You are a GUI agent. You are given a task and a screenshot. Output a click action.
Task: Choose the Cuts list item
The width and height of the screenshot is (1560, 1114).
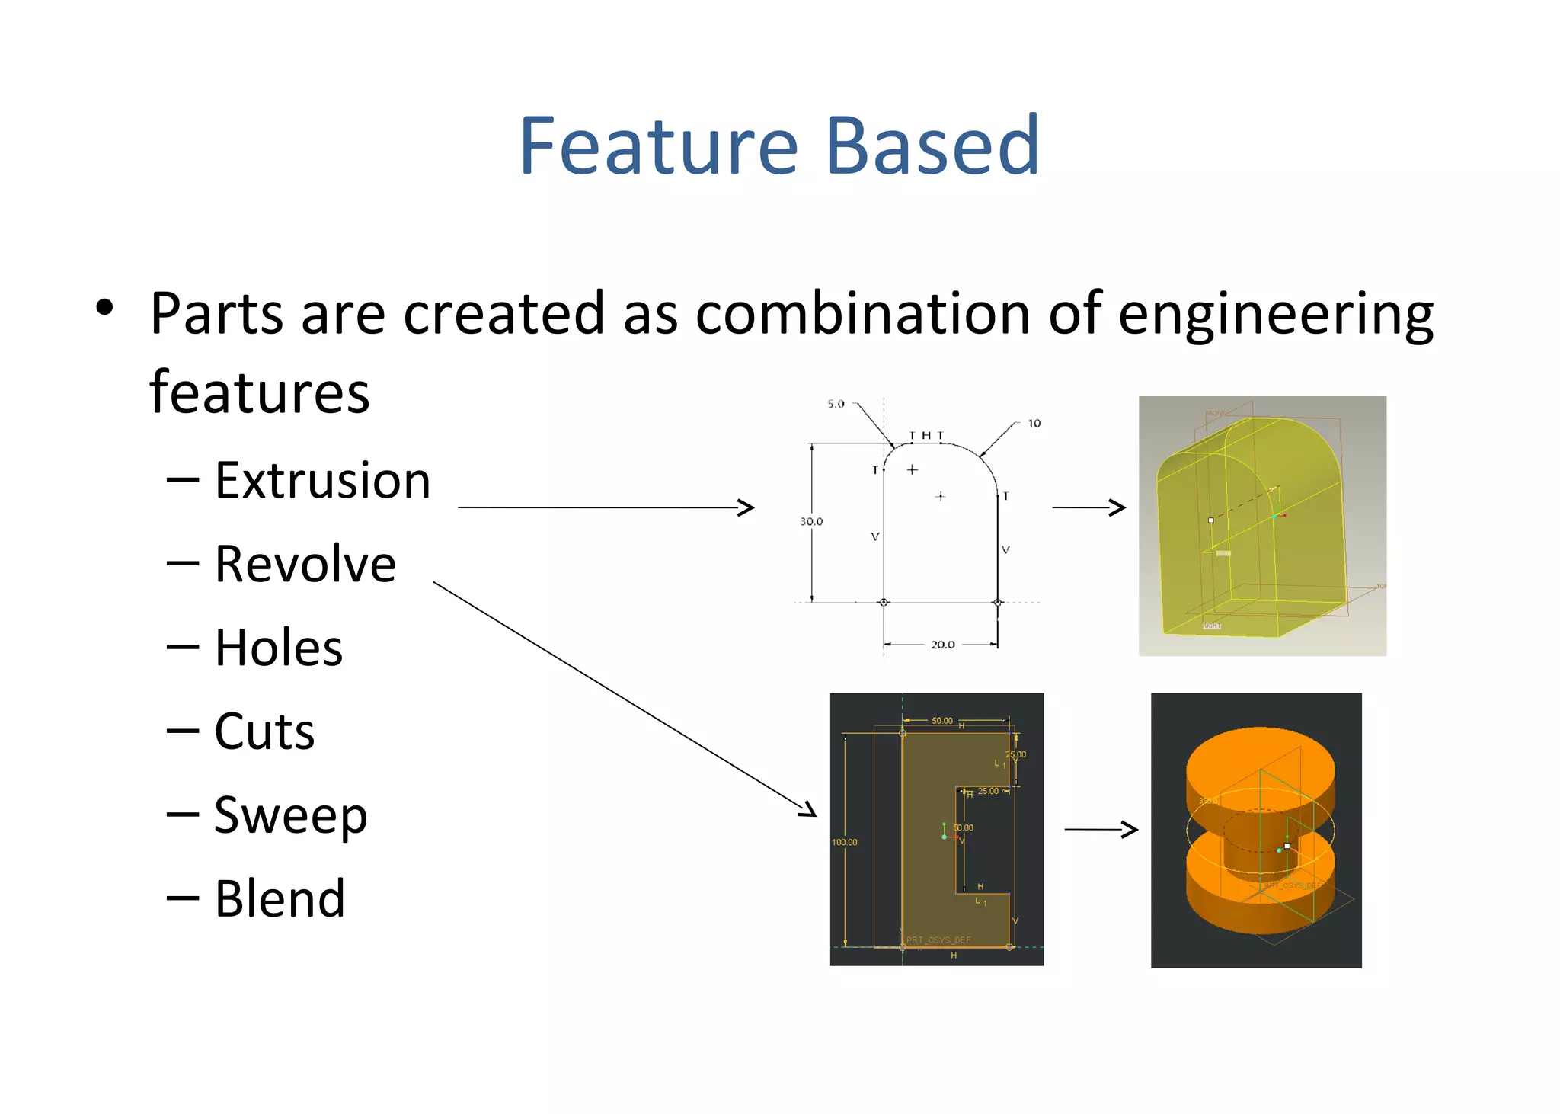(x=264, y=731)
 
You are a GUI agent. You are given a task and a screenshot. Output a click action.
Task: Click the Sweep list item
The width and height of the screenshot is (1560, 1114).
(x=290, y=815)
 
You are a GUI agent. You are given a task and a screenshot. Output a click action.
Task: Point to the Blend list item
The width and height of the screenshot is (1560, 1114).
(x=280, y=898)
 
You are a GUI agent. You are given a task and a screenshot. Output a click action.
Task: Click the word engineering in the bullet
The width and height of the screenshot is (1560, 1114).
(x=1276, y=314)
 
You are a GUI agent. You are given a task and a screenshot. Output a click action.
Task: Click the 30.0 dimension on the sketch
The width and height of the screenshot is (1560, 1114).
(x=811, y=522)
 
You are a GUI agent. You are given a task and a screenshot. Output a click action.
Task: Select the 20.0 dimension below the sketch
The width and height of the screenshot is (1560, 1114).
(x=942, y=645)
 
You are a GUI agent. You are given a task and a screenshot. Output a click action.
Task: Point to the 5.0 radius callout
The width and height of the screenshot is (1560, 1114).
(x=836, y=404)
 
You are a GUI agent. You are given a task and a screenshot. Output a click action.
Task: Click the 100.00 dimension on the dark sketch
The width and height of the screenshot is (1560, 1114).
(x=844, y=842)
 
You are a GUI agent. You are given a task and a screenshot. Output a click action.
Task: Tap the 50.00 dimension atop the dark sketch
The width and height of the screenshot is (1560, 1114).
(x=942, y=720)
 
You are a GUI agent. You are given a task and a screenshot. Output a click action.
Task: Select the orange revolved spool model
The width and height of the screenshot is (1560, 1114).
(x=1260, y=831)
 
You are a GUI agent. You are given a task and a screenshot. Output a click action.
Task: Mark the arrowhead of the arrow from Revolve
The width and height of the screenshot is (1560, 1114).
(x=810, y=811)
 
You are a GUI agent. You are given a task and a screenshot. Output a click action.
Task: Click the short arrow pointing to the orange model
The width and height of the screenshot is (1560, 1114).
(x=1101, y=829)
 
